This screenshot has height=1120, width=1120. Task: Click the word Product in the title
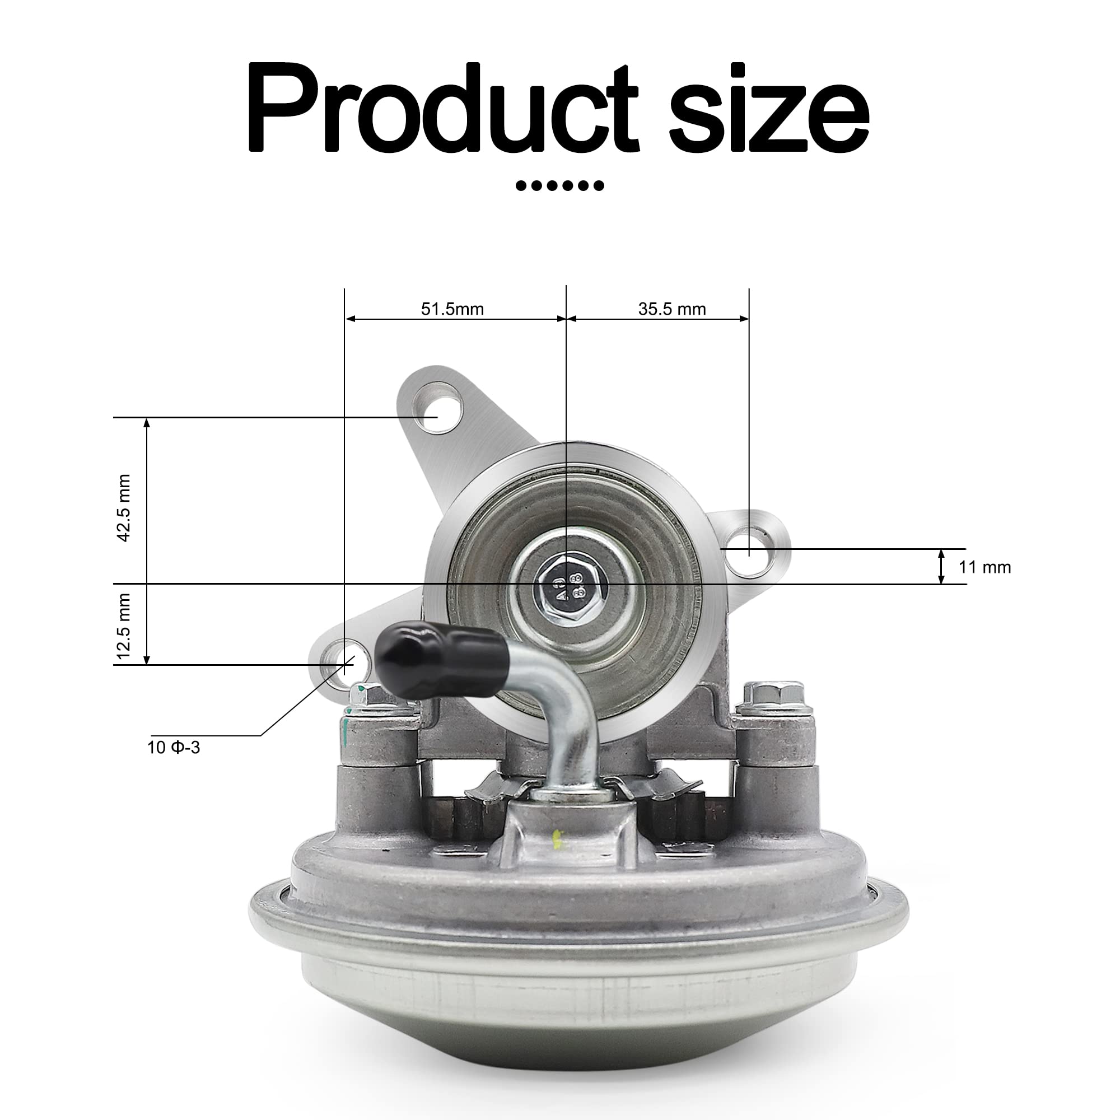click(x=442, y=109)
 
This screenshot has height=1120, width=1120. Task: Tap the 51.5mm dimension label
click(x=452, y=309)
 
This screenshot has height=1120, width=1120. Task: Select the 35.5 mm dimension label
click(x=672, y=309)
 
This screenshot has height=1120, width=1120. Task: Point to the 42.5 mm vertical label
click(x=124, y=508)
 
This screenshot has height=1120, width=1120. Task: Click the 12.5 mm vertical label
click(x=124, y=627)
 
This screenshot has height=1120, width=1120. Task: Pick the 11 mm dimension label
click(x=984, y=567)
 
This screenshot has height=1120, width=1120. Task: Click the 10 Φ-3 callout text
click(x=174, y=748)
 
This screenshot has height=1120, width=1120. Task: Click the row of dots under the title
click(x=559, y=186)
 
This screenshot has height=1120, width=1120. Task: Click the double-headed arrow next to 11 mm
click(x=941, y=566)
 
